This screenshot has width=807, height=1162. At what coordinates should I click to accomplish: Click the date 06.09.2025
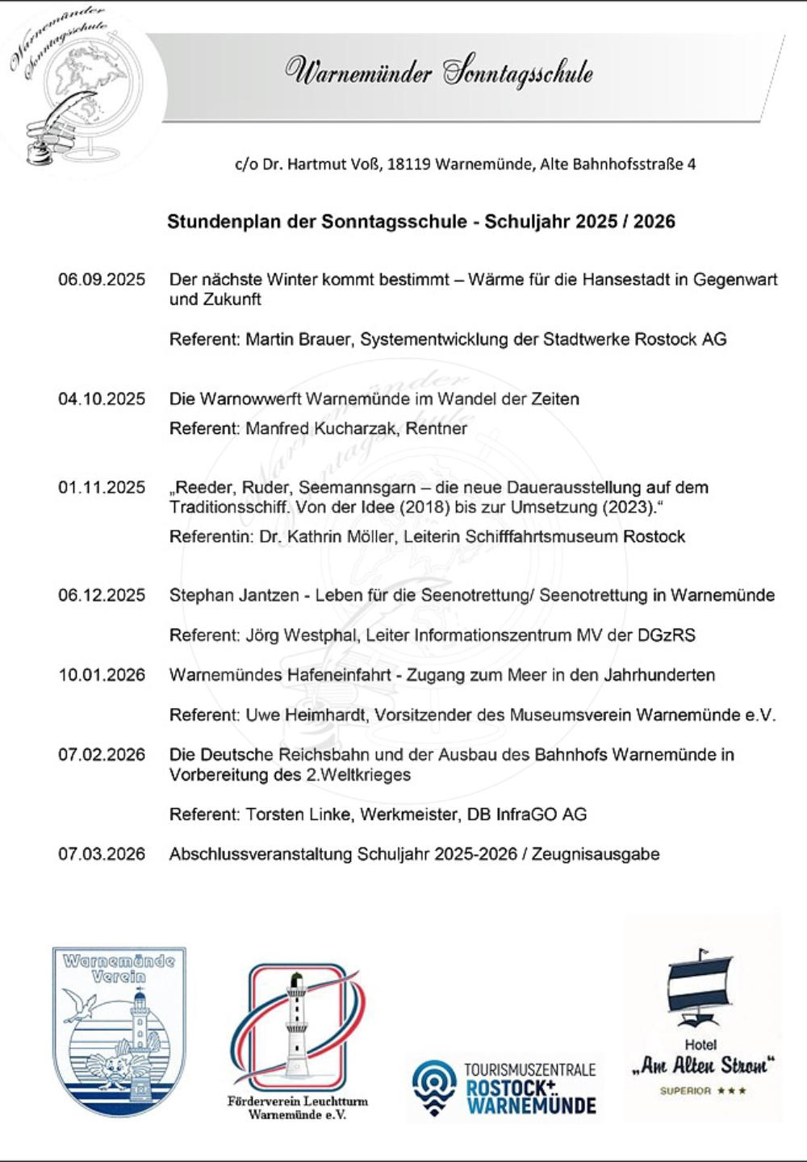coord(102,280)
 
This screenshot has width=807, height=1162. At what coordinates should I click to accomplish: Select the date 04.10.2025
coord(102,399)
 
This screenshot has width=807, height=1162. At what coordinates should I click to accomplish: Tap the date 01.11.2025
coord(102,488)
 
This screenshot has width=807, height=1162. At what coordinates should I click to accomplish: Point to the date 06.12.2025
coord(102,596)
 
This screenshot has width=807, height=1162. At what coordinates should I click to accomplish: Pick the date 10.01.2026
coord(102,675)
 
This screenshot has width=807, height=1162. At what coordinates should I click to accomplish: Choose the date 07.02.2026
coord(102,755)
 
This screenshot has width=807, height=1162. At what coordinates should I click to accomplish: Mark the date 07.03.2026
coord(102,854)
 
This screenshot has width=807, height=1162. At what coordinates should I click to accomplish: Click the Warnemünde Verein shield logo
coord(119,1031)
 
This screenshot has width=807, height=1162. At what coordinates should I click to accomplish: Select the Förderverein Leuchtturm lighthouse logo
coord(297,1031)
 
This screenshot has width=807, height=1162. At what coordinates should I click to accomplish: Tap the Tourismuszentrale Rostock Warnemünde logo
coord(504,1088)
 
